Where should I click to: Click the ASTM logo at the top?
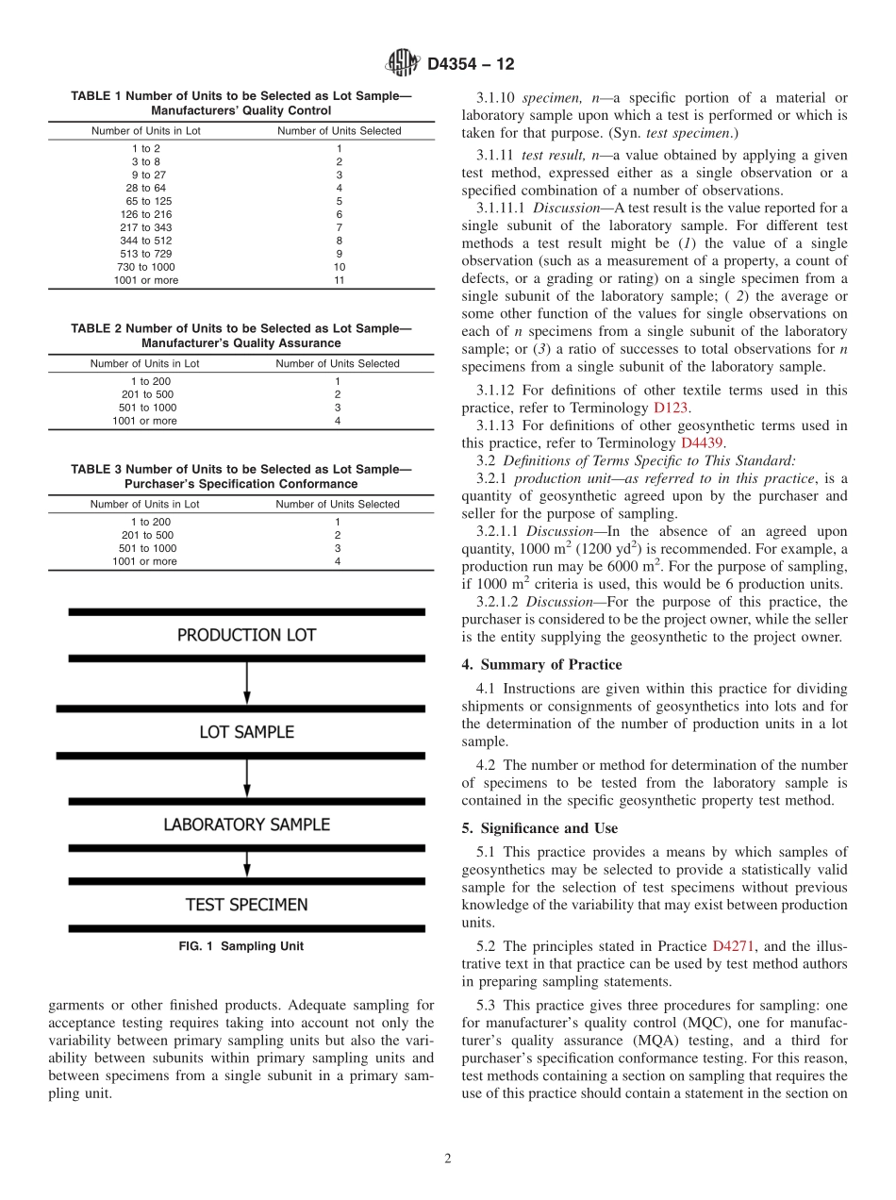click(x=402, y=64)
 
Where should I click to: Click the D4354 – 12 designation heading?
click(x=471, y=65)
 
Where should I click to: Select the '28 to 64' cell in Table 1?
click(x=146, y=188)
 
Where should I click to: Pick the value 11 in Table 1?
click(x=339, y=280)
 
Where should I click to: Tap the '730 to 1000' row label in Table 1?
click(x=146, y=267)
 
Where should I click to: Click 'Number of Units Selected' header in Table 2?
click(x=338, y=363)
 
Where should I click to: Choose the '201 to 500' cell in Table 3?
click(x=148, y=534)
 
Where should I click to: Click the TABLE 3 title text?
click(x=241, y=476)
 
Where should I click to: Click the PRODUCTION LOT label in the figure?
click(x=246, y=636)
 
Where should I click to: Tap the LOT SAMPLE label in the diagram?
click(x=246, y=732)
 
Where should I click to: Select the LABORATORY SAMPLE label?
click(x=246, y=825)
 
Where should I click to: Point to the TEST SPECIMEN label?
click(x=246, y=905)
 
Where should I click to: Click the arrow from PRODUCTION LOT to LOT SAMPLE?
click(x=246, y=681)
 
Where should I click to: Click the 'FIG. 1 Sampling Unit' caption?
click(x=241, y=946)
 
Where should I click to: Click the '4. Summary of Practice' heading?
click(x=541, y=664)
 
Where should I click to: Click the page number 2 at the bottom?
click(x=448, y=1159)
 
